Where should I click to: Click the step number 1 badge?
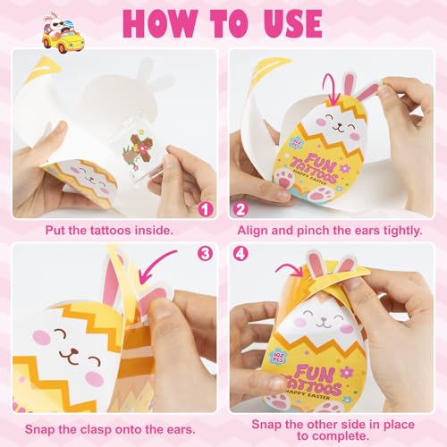(206, 209)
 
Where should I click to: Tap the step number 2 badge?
(240, 209)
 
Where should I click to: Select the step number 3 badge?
(206, 254)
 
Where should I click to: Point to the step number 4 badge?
(240, 254)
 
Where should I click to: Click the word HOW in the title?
(159, 23)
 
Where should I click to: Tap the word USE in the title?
(293, 23)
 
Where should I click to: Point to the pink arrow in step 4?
(290, 269)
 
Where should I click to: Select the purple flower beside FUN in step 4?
(347, 372)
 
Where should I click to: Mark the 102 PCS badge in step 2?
(298, 142)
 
